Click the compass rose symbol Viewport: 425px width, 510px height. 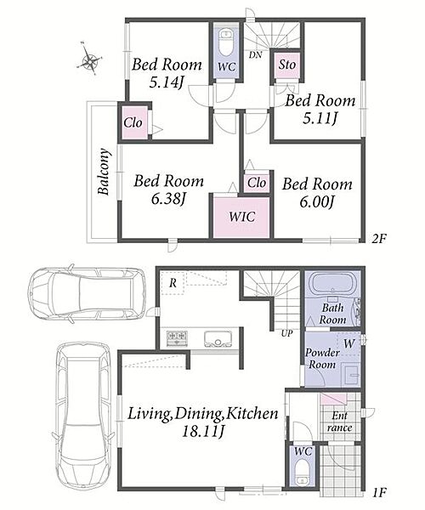[89, 59]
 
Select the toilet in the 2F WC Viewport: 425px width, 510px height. [226, 42]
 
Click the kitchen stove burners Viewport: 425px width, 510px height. [177, 338]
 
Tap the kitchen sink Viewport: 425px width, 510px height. [218, 338]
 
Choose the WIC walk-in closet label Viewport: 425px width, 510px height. [241, 217]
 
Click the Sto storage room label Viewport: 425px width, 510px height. [286, 64]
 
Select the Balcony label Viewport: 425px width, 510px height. [104, 172]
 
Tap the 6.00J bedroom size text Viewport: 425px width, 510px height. [317, 202]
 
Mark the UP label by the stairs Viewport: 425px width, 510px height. [286, 333]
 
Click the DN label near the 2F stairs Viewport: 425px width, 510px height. [255, 55]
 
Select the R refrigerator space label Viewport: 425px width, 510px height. [173, 283]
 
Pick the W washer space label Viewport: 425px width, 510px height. [348, 343]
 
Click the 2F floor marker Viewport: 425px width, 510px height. [379, 240]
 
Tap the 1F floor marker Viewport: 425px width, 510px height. [379, 492]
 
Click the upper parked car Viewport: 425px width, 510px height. [87, 293]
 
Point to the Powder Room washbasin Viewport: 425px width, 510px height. [350, 376]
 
